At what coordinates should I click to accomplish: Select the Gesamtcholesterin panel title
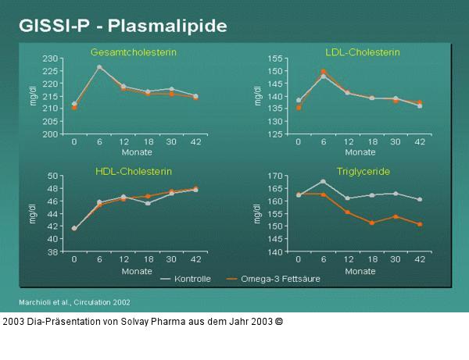pos(134,52)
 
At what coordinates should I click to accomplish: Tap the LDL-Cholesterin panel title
pos(362,52)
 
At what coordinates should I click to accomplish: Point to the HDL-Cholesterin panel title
pos(134,170)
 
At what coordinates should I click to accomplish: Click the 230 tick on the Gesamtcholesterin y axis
pos(51,59)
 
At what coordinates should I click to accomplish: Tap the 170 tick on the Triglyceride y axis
pos(274,176)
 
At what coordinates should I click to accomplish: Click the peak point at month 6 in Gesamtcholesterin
pos(99,67)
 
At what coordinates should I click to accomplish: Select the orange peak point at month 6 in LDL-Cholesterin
pos(324,71)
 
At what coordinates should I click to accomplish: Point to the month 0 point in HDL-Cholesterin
pos(74,229)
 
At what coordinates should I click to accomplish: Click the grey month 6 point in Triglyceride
pos(324,181)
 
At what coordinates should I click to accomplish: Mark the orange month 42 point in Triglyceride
pos(420,224)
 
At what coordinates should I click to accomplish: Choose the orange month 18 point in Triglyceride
pos(372,223)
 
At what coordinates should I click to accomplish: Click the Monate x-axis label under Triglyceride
pos(360,271)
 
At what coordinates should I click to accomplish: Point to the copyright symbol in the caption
pos(279,321)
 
